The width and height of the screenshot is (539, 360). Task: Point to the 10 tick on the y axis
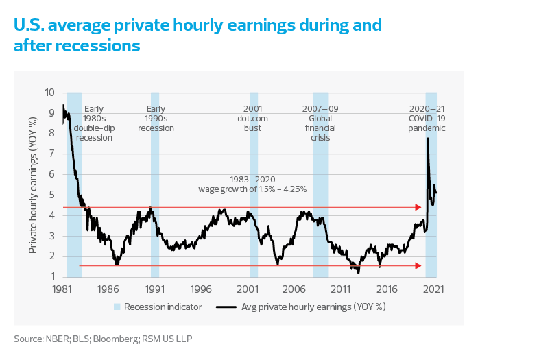(50, 92)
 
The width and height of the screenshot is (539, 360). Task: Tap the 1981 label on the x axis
(62, 290)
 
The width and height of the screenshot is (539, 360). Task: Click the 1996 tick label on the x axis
(201, 290)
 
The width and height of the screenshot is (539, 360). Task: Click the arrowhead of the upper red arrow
(418, 206)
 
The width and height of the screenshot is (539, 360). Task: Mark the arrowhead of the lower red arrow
(418, 266)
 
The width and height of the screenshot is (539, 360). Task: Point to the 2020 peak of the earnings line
(428, 139)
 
